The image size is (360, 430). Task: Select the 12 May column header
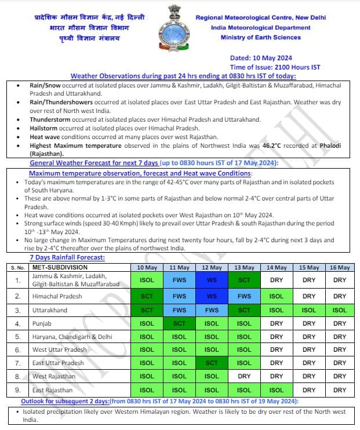point(212,268)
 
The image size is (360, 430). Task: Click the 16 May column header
point(340,268)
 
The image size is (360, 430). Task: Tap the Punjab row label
point(42,323)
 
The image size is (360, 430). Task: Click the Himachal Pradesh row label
point(57,296)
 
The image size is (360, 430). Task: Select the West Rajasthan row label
point(54,376)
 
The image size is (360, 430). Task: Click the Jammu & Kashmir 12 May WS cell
point(212,280)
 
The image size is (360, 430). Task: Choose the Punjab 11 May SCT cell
point(179,323)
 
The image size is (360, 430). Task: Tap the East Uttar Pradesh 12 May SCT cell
point(212,363)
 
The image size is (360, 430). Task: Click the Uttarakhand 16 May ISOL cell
point(340,310)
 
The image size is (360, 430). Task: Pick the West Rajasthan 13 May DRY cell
point(244,376)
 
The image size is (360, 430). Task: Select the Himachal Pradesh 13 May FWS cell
point(244,296)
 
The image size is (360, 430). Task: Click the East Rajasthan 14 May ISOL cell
point(277,390)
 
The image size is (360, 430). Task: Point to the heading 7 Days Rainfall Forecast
point(67,257)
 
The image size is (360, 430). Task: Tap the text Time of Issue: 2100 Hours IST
point(275,67)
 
